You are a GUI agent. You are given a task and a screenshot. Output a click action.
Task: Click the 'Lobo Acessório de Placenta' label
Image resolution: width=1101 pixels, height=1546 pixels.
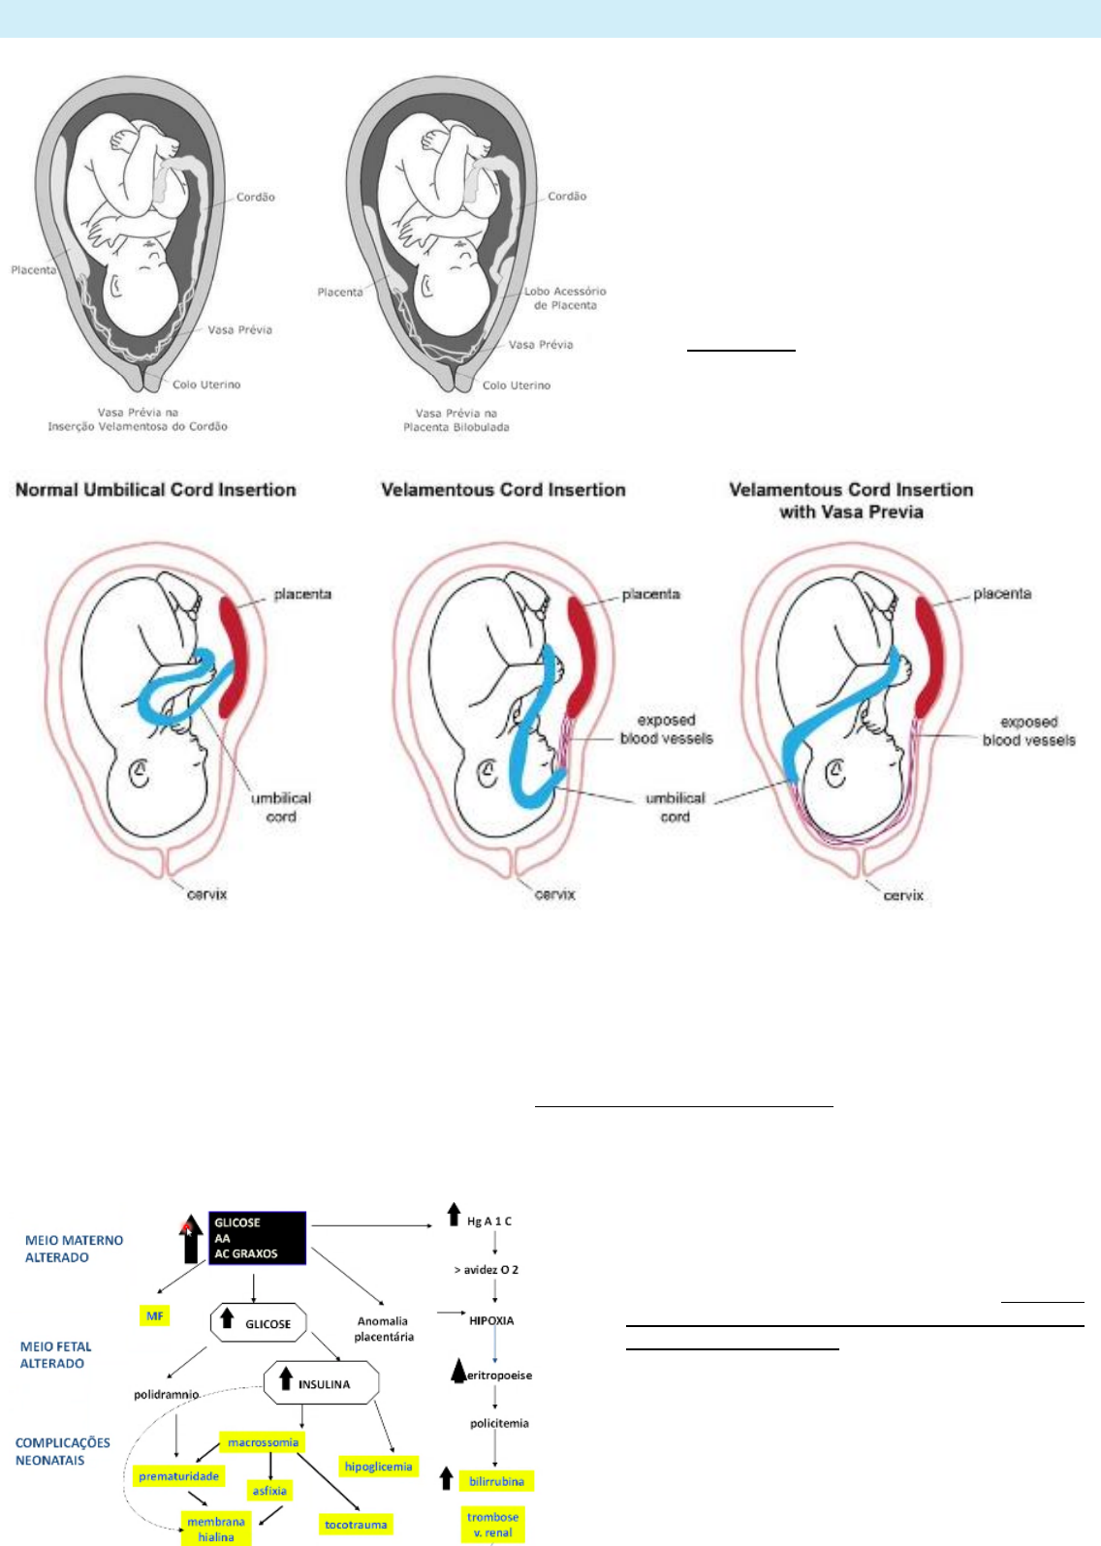(565, 297)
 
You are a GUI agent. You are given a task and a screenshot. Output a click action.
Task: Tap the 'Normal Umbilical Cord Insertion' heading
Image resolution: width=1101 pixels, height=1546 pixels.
(155, 490)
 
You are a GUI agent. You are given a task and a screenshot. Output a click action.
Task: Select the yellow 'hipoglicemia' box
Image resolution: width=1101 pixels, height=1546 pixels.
(378, 1467)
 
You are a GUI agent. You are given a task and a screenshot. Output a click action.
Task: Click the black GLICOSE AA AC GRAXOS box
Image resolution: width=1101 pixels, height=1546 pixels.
(257, 1238)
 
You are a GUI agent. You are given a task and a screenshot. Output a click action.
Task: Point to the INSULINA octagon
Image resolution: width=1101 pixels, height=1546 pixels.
(321, 1383)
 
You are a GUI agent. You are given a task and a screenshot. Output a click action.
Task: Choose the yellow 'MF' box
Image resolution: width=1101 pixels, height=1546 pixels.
(154, 1315)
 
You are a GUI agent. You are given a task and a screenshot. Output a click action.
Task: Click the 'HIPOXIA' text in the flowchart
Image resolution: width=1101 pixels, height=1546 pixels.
(491, 1320)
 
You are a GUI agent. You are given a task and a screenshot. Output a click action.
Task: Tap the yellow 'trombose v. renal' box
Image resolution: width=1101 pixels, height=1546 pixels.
(492, 1525)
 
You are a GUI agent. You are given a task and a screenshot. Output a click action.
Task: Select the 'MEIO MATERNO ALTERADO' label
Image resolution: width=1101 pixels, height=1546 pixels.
(74, 1249)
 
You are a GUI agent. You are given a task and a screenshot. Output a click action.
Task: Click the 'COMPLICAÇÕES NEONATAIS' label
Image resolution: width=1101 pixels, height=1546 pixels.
(63, 1451)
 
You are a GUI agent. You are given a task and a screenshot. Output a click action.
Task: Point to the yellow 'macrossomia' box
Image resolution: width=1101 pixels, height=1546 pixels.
(263, 1442)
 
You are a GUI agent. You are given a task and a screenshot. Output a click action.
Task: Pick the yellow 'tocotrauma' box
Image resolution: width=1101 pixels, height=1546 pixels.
(356, 1525)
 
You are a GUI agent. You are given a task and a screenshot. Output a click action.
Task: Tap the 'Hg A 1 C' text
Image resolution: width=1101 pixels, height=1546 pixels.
(489, 1221)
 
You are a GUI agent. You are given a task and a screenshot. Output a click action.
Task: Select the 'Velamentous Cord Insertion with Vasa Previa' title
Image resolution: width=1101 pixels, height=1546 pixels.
(851, 501)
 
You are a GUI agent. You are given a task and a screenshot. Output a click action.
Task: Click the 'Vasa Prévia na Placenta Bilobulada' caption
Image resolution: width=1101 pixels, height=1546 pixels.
(456, 419)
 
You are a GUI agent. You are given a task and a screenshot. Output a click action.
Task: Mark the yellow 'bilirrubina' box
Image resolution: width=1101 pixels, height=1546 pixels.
(496, 1481)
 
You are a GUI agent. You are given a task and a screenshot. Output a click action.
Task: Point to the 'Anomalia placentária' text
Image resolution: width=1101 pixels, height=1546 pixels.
(384, 1328)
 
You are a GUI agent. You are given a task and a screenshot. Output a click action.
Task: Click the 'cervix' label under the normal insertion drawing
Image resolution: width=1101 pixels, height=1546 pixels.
(206, 894)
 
